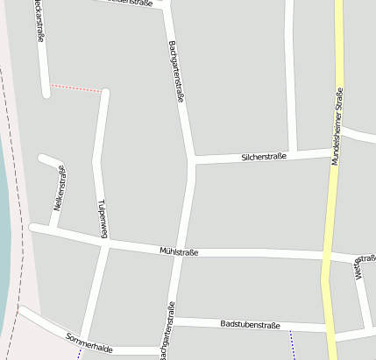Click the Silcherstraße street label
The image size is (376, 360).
(x=264, y=157)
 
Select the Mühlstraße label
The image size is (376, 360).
(x=179, y=252)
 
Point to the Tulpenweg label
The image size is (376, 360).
(x=103, y=218)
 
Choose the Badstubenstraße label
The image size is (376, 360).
(x=251, y=325)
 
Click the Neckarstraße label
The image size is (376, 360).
(x=39, y=21)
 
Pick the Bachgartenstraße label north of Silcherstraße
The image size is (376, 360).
(x=174, y=72)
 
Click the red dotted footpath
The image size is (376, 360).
(x=77, y=88)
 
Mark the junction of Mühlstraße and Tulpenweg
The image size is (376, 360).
(x=106, y=244)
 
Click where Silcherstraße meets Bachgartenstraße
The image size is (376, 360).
(x=191, y=159)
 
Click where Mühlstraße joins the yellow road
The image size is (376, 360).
(x=327, y=258)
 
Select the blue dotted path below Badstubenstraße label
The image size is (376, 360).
(x=293, y=347)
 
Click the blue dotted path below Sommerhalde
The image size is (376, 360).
(x=79, y=356)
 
